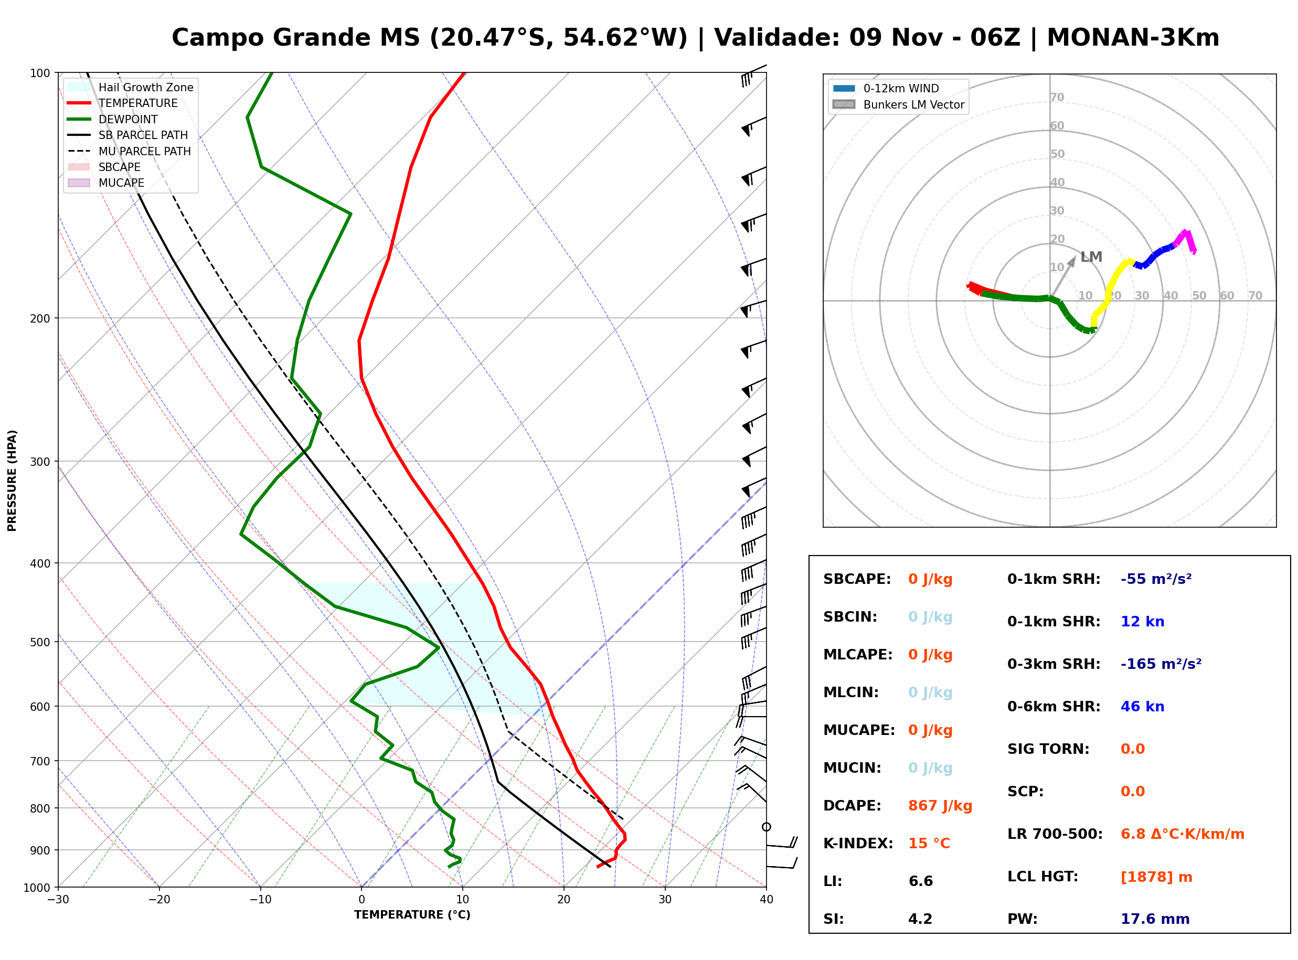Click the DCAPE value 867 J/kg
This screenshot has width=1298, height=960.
[x=940, y=806]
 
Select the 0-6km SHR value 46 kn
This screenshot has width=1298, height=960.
[x=1142, y=707]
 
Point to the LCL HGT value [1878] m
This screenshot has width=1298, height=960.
[x=1156, y=877]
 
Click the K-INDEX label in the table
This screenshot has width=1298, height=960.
[x=858, y=843]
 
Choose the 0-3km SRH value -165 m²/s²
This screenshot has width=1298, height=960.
[x=1161, y=664]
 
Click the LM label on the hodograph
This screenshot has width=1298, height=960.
[x=1091, y=257]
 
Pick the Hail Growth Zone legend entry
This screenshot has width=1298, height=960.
[x=131, y=87]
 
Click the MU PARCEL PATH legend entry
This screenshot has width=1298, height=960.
[x=130, y=151]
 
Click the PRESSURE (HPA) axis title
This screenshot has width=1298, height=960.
[x=12, y=480]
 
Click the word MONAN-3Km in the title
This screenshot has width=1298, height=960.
[x=1132, y=37]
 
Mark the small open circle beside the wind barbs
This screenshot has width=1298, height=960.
[x=767, y=826]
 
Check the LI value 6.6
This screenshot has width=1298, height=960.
[x=920, y=881]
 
